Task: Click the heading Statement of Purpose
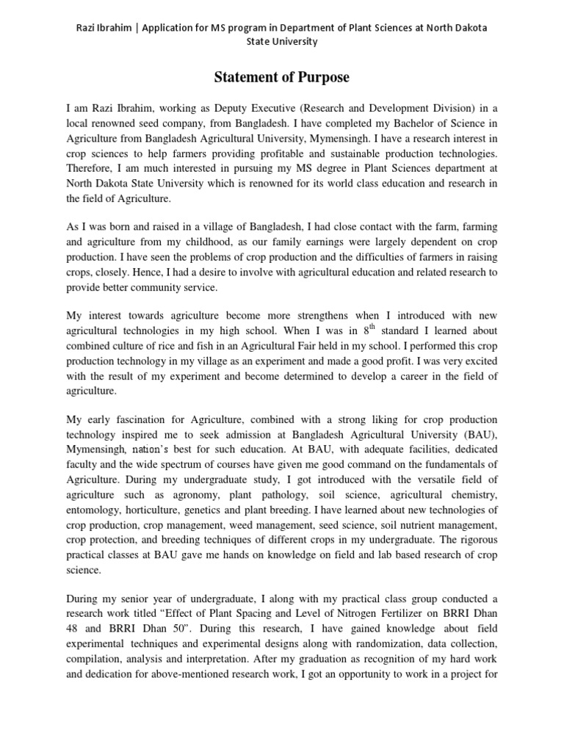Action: (282, 77)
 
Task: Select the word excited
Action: (477, 361)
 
